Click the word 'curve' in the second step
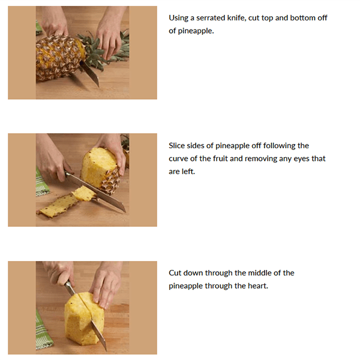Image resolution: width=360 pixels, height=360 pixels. (x=178, y=158)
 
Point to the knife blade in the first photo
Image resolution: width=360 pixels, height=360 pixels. (x=90, y=73)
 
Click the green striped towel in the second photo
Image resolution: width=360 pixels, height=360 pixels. (x=42, y=182)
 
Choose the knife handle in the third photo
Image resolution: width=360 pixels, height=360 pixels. (x=70, y=287)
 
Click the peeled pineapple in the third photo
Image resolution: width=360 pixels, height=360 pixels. (x=84, y=319)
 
